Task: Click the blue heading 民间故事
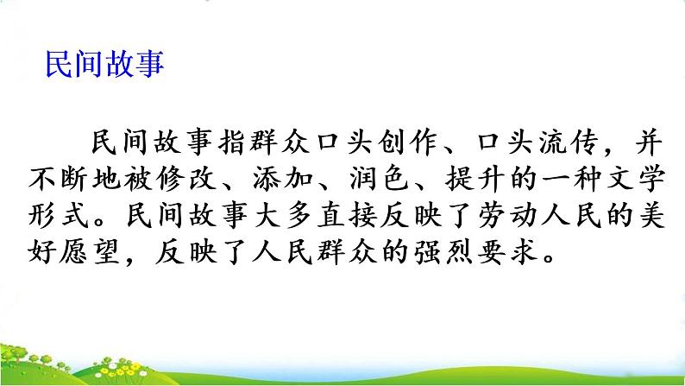point(105,65)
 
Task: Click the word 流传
point(568,143)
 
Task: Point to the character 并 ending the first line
point(649,143)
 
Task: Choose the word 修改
point(186,180)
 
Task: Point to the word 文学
point(636,180)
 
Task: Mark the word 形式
point(59,215)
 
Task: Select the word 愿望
point(90,251)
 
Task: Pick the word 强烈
point(443,251)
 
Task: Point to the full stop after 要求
point(549,258)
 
